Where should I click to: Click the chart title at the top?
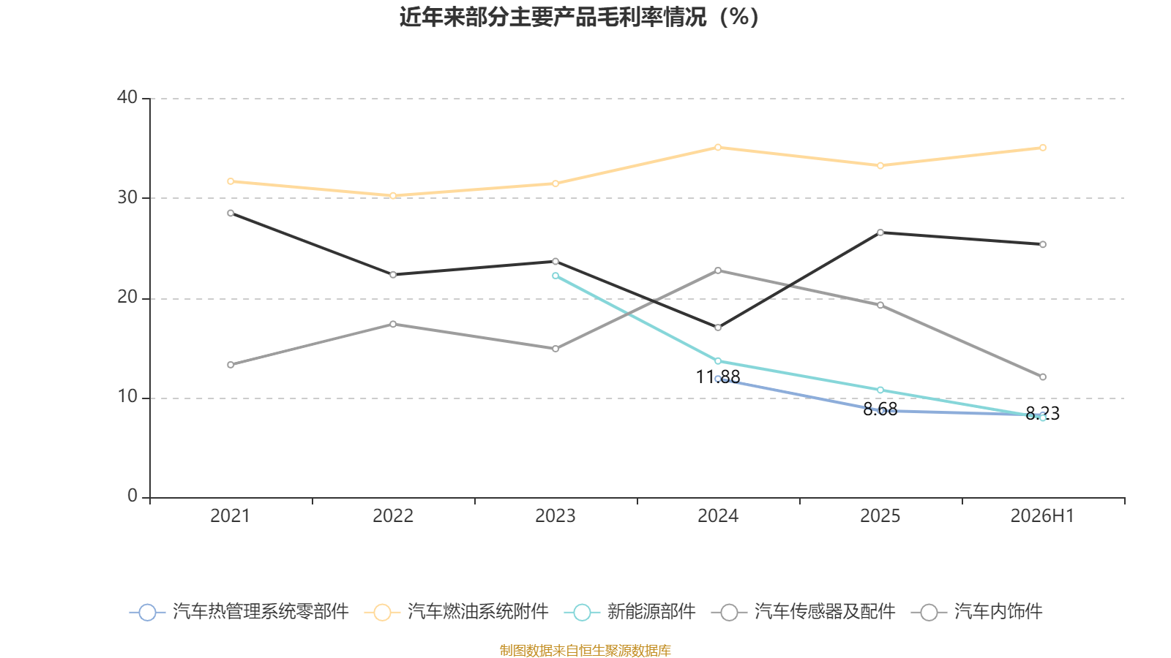579,18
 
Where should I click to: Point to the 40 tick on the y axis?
127,97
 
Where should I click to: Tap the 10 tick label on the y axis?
127,397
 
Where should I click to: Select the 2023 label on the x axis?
555,516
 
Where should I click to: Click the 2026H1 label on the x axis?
1042,516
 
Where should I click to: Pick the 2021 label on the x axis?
230,516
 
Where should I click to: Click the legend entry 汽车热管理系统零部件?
239,611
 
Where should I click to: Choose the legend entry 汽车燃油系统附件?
457,611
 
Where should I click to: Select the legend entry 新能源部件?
630,611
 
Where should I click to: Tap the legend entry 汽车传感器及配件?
804,611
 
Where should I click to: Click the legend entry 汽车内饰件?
976,611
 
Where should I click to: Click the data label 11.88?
718,377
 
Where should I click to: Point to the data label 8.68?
880,409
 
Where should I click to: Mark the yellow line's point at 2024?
718,147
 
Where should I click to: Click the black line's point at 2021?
231,213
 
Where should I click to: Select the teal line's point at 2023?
555,276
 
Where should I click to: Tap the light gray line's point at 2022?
393,325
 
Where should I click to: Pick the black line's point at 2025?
880,232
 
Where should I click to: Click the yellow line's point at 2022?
393,196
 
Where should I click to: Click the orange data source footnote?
585,651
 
